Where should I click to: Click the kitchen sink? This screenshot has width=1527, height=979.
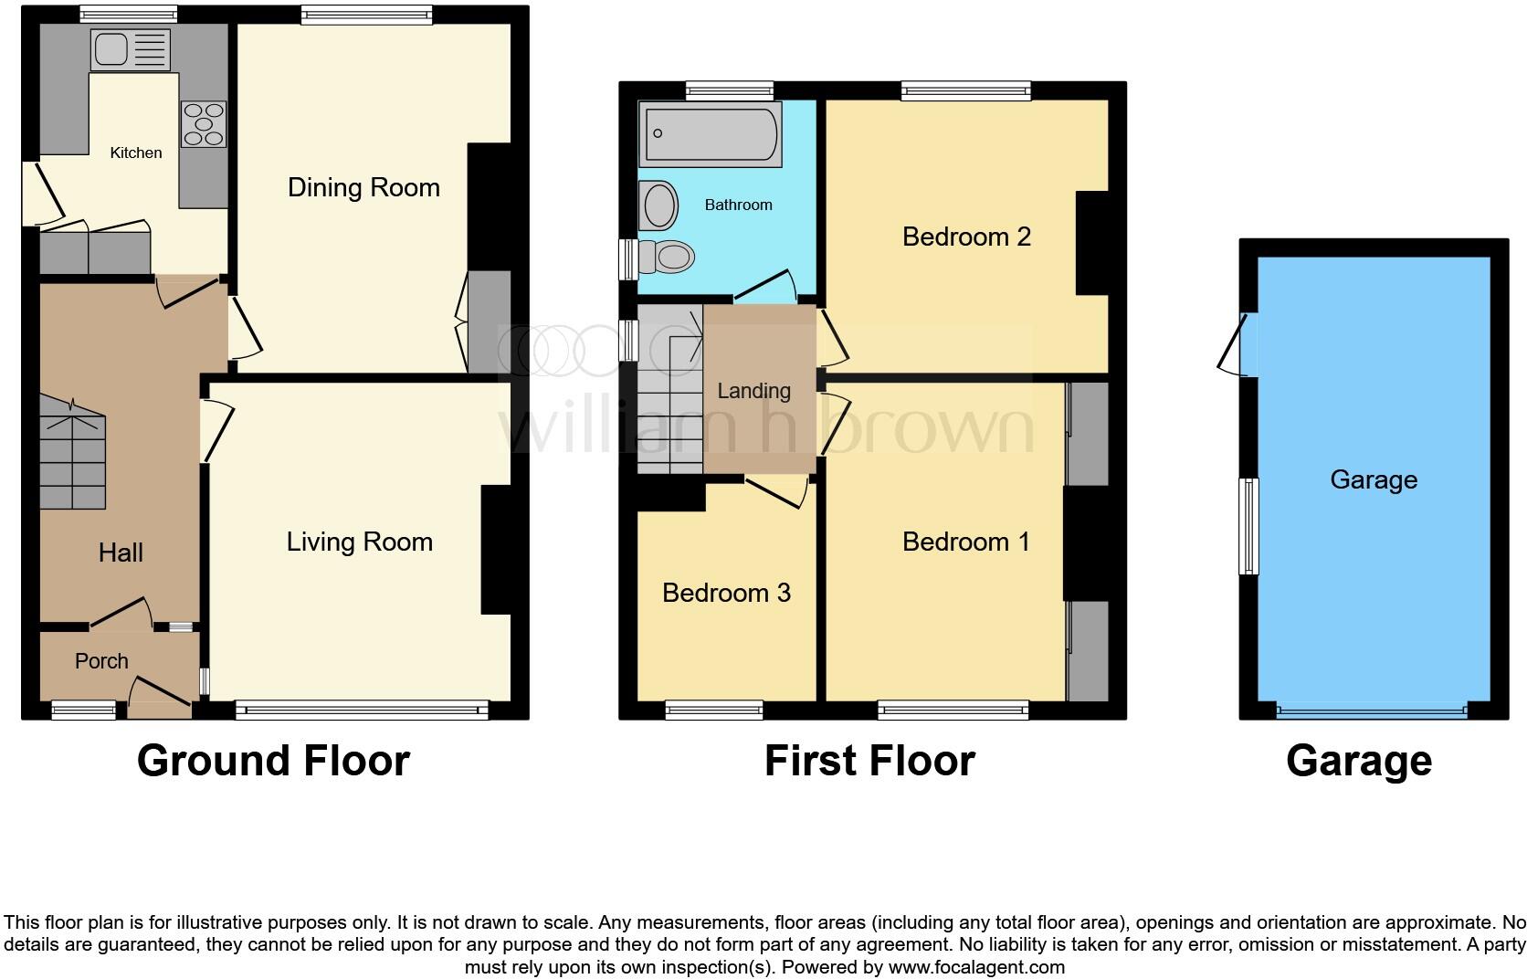(131, 49)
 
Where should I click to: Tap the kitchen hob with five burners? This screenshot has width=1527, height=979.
(204, 124)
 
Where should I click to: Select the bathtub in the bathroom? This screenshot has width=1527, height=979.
(711, 134)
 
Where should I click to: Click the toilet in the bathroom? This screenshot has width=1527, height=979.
(666, 257)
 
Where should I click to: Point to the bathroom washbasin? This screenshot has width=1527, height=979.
(658, 205)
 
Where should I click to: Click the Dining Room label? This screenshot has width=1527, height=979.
(363, 187)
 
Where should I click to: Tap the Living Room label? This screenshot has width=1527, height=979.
(359, 542)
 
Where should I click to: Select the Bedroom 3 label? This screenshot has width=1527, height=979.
(727, 593)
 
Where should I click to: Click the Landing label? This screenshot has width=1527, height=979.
(754, 392)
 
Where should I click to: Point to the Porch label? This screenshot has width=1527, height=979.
(101, 661)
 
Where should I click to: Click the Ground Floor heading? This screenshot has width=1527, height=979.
(273, 761)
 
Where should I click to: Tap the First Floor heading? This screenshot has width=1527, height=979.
(869, 761)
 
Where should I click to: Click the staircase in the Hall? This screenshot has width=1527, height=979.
(72, 452)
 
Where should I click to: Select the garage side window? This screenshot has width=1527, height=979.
(1248, 526)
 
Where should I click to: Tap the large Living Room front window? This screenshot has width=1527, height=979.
(362, 711)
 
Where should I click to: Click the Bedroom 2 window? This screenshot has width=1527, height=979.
(966, 90)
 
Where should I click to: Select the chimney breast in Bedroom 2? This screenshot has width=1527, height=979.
(1092, 244)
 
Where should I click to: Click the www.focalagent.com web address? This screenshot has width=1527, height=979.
(977, 967)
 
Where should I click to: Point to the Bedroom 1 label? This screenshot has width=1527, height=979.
(966, 542)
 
